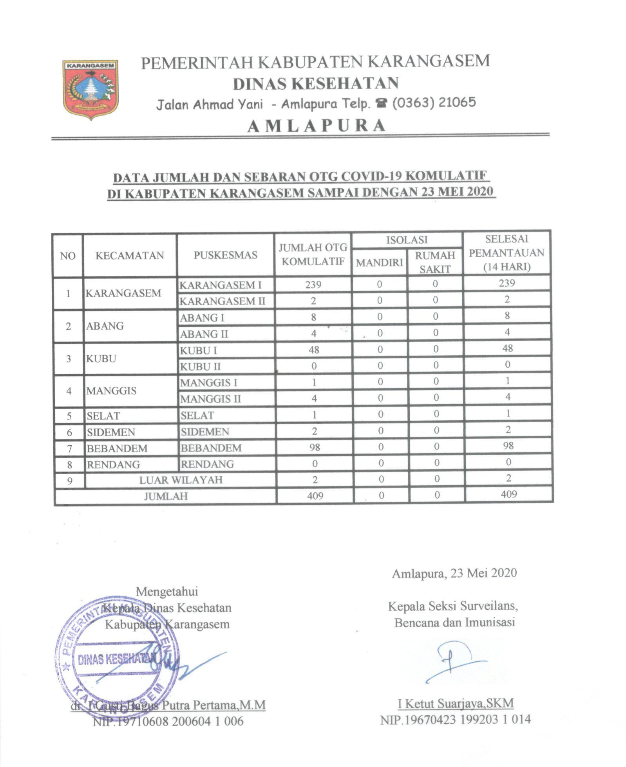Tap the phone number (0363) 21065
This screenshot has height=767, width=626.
click(434, 103)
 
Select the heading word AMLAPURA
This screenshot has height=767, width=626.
click(317, 125)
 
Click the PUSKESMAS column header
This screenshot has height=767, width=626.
click(225, 255)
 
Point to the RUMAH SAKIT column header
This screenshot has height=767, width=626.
click(435, 262)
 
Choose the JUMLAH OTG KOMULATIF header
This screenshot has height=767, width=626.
click(313, 254)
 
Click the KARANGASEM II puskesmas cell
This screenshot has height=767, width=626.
click(222, 301)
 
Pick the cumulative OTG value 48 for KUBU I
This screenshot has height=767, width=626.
click(313, 349)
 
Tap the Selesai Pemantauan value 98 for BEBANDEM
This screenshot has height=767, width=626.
click(508, 446)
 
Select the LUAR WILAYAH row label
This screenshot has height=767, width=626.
click(181, 480)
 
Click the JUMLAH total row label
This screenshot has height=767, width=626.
click(166, 496)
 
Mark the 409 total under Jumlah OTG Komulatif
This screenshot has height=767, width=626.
click(315, 496)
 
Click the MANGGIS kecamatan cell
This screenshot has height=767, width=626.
click(112, 391)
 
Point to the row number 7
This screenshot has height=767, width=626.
click(69, 448)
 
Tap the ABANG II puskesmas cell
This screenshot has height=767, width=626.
click(204, 334)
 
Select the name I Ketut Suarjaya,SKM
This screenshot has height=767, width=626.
click(456, 703)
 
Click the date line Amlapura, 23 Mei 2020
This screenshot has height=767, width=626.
click(454, 573)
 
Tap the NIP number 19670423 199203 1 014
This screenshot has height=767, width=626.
click(455, 719)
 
